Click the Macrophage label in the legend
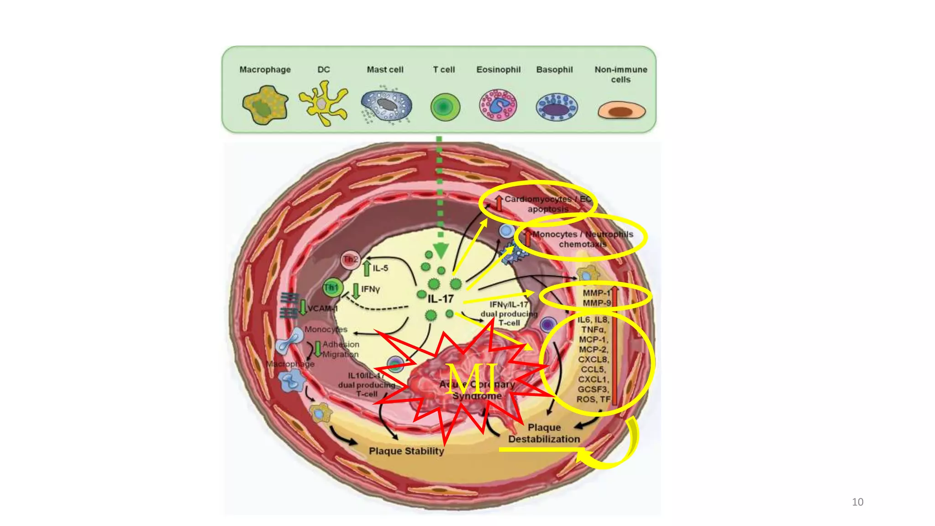[x=265, y=69]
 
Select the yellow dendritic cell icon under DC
[x=323, y=103]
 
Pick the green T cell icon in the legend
[x=445, y=107]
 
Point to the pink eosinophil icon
[x=498, y=105]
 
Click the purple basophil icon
[x=557, y=107]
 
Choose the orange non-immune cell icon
[x=621, y=111]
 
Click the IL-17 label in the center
[x=441, y=299]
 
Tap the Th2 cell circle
[x=350, y=260]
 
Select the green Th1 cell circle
[x=332, y=288]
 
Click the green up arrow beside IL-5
[x=367, y=268]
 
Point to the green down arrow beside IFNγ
[x=356, y=290]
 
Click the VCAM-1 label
[x=322, y=309]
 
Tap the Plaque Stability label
[x=406, y=451]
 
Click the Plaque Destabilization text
[x=544, y=433]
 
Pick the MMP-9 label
[x=596, y=303]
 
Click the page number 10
[x=857, y=502]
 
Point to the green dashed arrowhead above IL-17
[x=441, y=250]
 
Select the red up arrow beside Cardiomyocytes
[x=499, y=203]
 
